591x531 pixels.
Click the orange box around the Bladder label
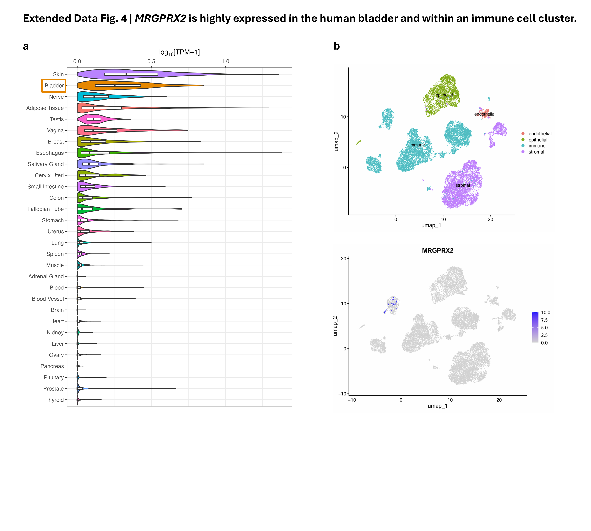point(54,85)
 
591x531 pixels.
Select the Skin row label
point(58,74)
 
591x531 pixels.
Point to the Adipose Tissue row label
point(45,108)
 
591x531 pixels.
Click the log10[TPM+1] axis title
point(179,52)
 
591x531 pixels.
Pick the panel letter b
point(337,46)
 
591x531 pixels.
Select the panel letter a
point(26,46)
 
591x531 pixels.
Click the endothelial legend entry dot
point(523,134)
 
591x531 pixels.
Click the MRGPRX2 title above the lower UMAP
point(437,251)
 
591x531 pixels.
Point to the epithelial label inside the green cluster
point(444,95)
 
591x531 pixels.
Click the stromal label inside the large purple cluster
point(462,185)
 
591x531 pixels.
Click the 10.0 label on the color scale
point(546,313)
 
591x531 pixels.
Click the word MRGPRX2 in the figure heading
point(160,18)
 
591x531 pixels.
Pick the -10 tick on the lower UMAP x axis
point(352,400)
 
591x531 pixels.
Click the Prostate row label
point(53,389)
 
